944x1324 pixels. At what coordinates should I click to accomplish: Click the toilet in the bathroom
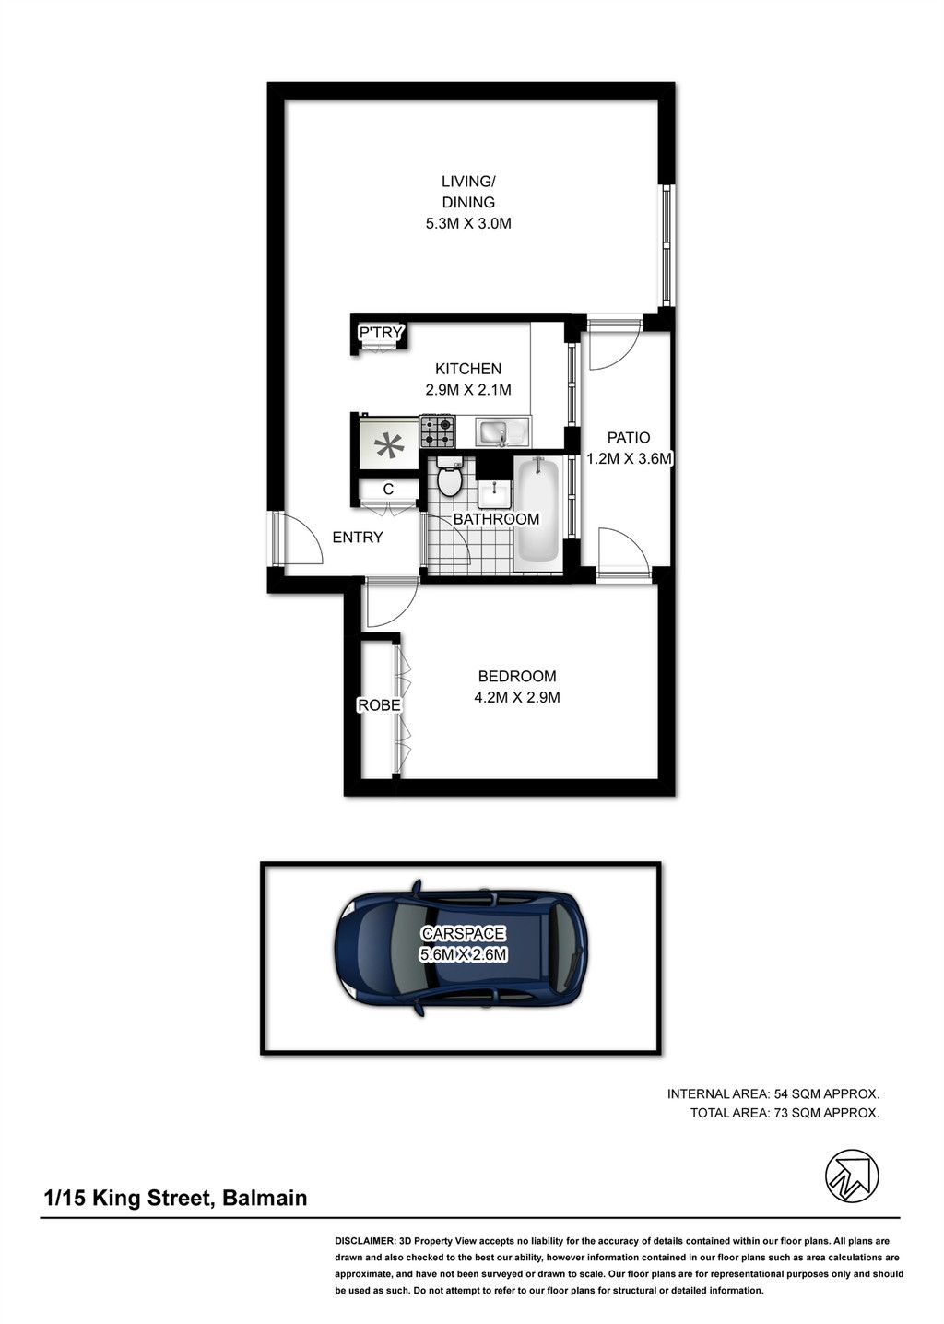pyautogui.click(x=449, y=475)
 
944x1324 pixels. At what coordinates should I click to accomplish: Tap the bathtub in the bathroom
pyautogui.click(x=537, y=510)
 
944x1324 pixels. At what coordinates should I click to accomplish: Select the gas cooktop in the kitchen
pyautogui.click(x=437, y=431)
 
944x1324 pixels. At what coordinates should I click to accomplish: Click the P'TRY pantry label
pyautogui.click(x=381, y=333)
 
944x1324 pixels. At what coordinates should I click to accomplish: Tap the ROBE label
pyautogui.click(x=379, y=704)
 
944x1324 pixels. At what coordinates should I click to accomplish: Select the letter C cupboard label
pyautogui.click(x=388, y=489)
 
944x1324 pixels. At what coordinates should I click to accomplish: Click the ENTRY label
pyautogui.click(x=358, y=537)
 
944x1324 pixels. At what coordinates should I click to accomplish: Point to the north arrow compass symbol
pyautogui.click(x=852, y=1176)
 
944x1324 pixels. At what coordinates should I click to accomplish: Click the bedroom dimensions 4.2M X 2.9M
pyautogui.click(x=516, y=697)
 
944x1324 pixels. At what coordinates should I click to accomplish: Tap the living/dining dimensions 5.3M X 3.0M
pyautogui.click(x=468, y=223)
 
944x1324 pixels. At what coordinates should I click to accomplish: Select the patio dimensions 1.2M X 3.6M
pyautogui.click(x=629, y=458)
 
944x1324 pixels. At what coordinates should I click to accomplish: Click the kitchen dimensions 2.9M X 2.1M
pyautogui.click(x=468, y=390)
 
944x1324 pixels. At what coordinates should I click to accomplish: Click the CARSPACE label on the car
pyautogui.click(x=464, y=933)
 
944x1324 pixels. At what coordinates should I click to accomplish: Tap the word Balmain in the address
pyautogui.click(x=265, y=1198)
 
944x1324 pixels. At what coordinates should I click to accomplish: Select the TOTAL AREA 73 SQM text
pyautogui.click(x=785, y=1113)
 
